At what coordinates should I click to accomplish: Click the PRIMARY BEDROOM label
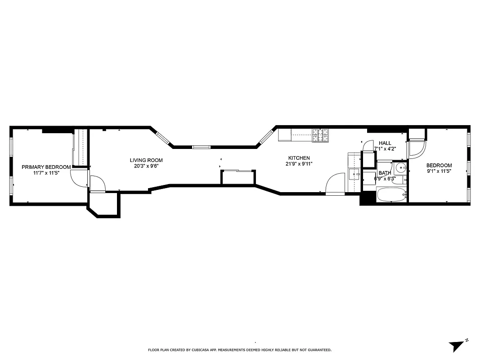46,167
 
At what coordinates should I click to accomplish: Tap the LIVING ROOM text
146,160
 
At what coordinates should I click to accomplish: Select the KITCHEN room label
299,158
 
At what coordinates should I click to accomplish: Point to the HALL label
385,143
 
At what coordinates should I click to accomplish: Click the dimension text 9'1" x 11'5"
439,171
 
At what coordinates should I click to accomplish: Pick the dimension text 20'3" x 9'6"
146,166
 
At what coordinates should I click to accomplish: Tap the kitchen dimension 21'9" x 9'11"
299,164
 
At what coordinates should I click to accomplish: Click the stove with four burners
321,135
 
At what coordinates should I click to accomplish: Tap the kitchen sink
354,173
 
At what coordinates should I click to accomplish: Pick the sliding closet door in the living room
238,171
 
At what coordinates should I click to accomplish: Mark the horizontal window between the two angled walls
201,147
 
